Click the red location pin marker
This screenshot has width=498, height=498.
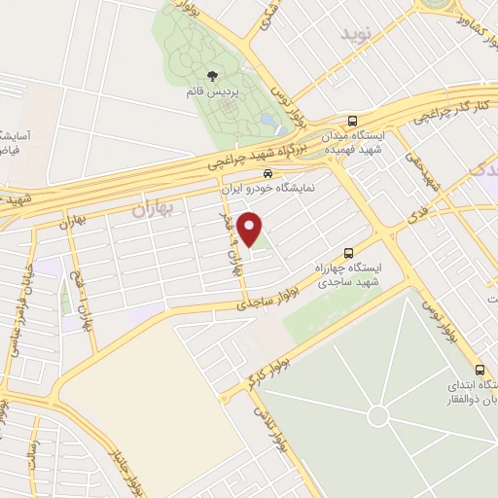coord(251,230)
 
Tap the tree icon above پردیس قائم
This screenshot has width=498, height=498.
coord(213,76)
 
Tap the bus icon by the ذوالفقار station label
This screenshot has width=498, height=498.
coord(479,370)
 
